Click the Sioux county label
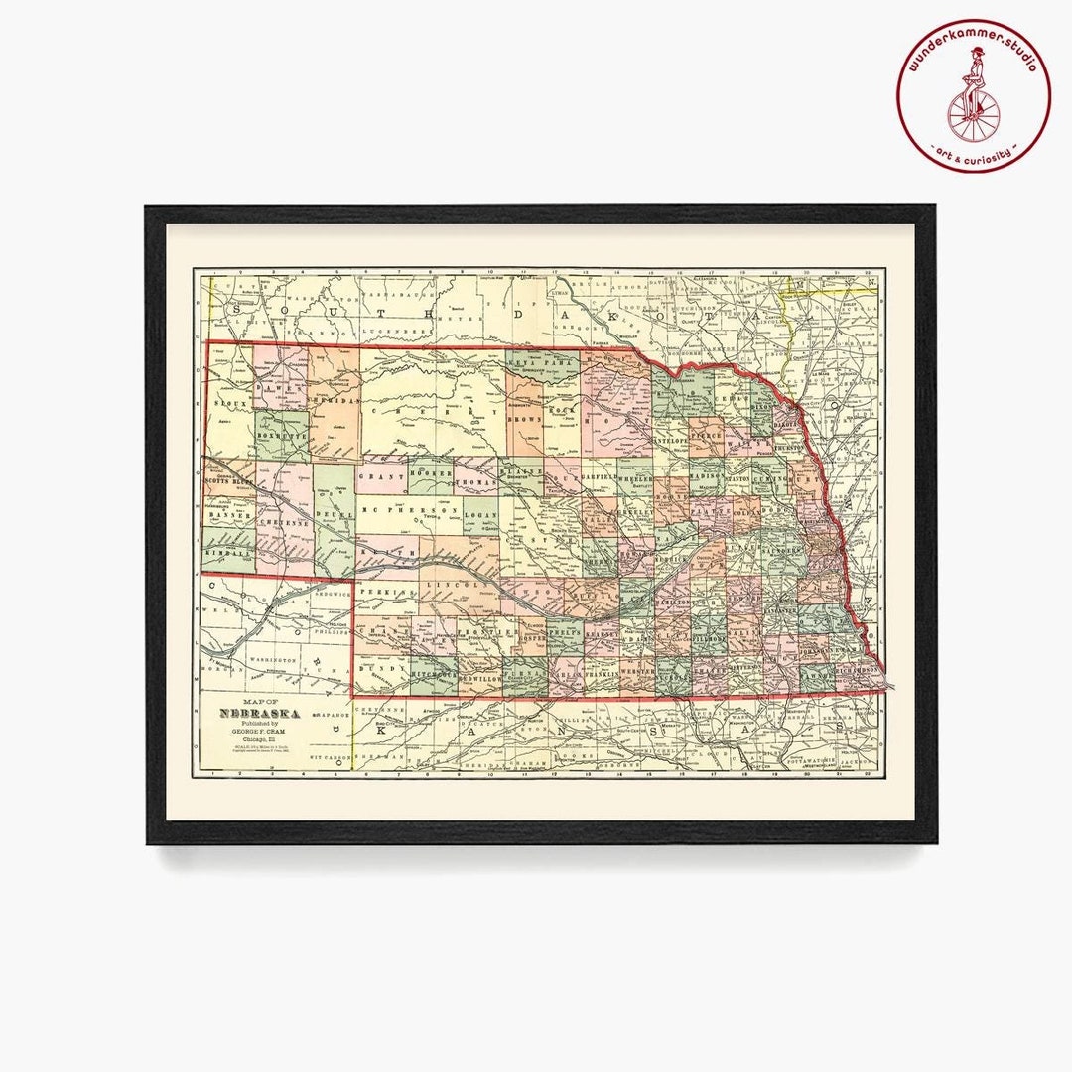click(x=230, y=405)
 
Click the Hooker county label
click(x=430, y=476)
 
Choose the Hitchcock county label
click(x=433, y=673)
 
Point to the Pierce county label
click(x=706, y=434)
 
